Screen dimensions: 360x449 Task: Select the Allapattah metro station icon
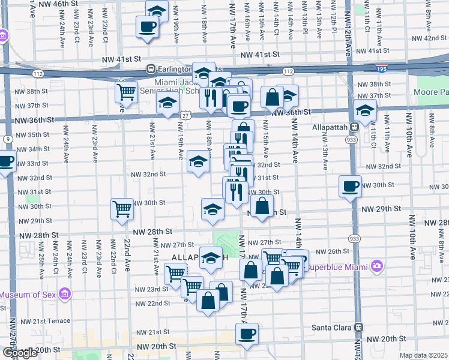[355, 127]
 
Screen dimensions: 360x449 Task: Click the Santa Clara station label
[332, 328]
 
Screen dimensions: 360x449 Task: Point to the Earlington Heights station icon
[152, 68]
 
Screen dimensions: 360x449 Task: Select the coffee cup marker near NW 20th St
[246, 334]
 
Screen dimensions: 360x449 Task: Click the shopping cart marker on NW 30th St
[122, 209]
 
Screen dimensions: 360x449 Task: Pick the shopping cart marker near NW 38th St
[126, 92]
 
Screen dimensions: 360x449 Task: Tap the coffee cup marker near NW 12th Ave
[350, 186]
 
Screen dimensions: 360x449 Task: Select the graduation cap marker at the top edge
[157, 10]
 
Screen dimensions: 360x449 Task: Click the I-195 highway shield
[382, 69]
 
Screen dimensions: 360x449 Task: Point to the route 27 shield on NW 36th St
[185, 115]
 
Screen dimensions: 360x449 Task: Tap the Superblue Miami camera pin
[376, 265]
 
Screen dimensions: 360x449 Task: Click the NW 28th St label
[152, 231]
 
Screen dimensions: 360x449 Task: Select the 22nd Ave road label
[127, 256]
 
